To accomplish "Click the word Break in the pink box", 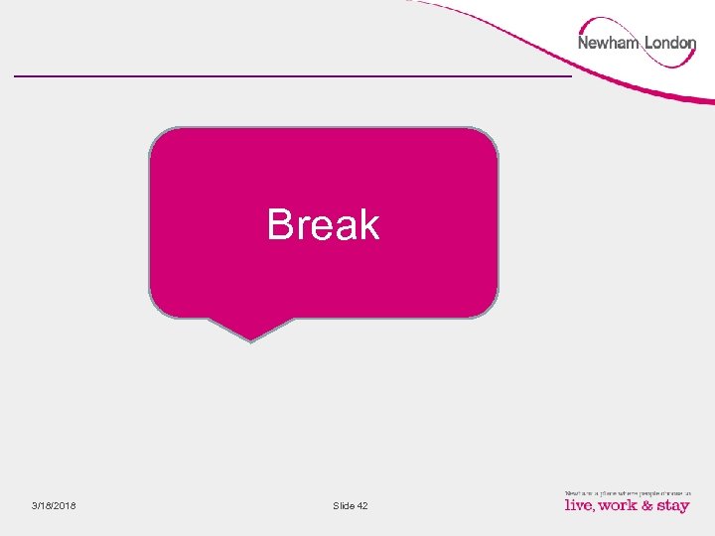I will click(323, 224).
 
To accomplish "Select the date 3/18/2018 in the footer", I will click(54, 506).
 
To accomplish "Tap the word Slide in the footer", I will click(344, 506).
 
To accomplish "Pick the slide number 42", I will click(361, 506).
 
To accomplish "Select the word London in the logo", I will click(670, 43).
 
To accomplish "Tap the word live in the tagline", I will click(580, 505).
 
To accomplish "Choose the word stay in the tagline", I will click(672, 506).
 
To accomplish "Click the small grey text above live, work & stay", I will click(627, 491).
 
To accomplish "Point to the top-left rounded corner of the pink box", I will click(159, 137).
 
